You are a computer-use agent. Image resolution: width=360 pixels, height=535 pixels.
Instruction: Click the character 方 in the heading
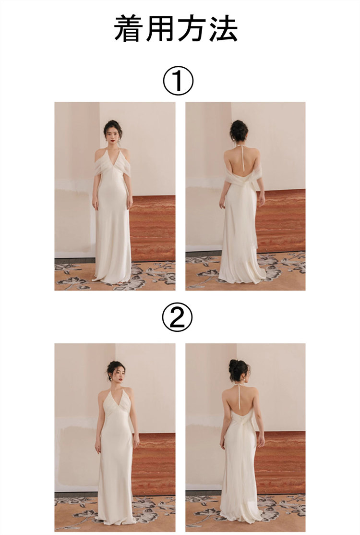click(x=192, y=29)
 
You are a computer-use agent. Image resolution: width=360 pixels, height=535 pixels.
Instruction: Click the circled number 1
click(x=178, y=81)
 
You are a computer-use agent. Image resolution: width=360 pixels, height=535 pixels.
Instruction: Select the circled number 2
click(x=177, y=317)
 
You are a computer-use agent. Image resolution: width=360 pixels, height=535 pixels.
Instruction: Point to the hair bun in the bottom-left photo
click(x=115, y=365)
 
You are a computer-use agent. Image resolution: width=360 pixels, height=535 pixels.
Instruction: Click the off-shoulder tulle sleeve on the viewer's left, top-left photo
click(x=99, y=164)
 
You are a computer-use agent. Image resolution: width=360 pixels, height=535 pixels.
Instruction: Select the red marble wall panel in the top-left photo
click(x=153, y=228)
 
